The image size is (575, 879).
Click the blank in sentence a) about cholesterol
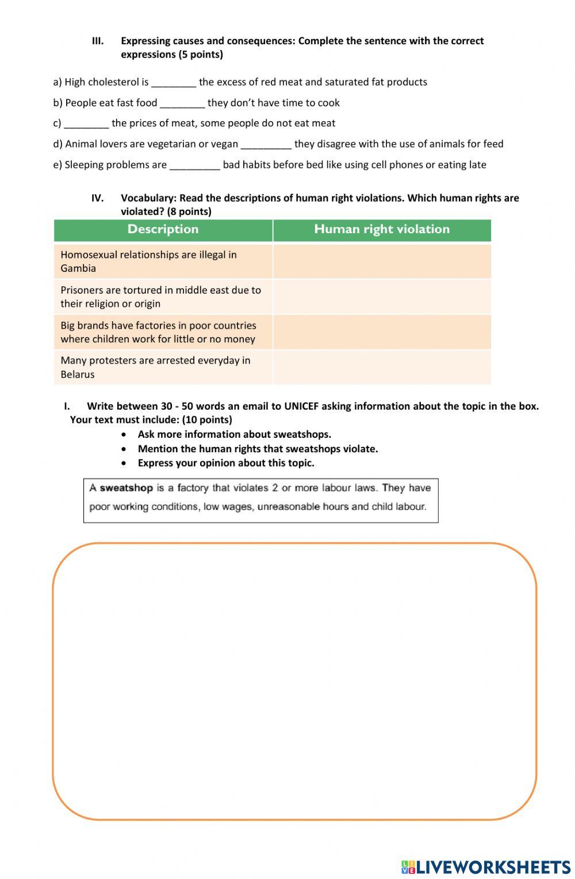[x=174, y=83]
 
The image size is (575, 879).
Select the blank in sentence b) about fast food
[x=182, y=103]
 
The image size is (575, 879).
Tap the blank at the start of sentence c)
[x=86, y=124]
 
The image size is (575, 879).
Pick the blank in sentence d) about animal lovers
[x=266, y=145]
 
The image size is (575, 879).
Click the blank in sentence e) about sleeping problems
[x=194, y=165]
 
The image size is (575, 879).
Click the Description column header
[x=163, y=229]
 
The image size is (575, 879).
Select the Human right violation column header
[x=382, y=229]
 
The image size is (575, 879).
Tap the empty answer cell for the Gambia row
[x=382, y=261]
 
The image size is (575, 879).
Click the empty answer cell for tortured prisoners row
[x=382, y=297]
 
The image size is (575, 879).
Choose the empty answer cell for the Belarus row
[x=382, y=368]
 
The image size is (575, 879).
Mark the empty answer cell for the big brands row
[x=382, y=332]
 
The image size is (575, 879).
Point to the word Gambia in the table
[x=78, y=268]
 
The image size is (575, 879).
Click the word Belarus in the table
[x=78, y=375]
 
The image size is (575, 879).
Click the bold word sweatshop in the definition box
[x=126, y=488]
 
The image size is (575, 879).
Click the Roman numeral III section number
[x=98, y=41]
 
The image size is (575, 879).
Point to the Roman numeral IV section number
[x=97, y=198]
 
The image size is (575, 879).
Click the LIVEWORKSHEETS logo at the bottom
[x=486, y=866]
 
